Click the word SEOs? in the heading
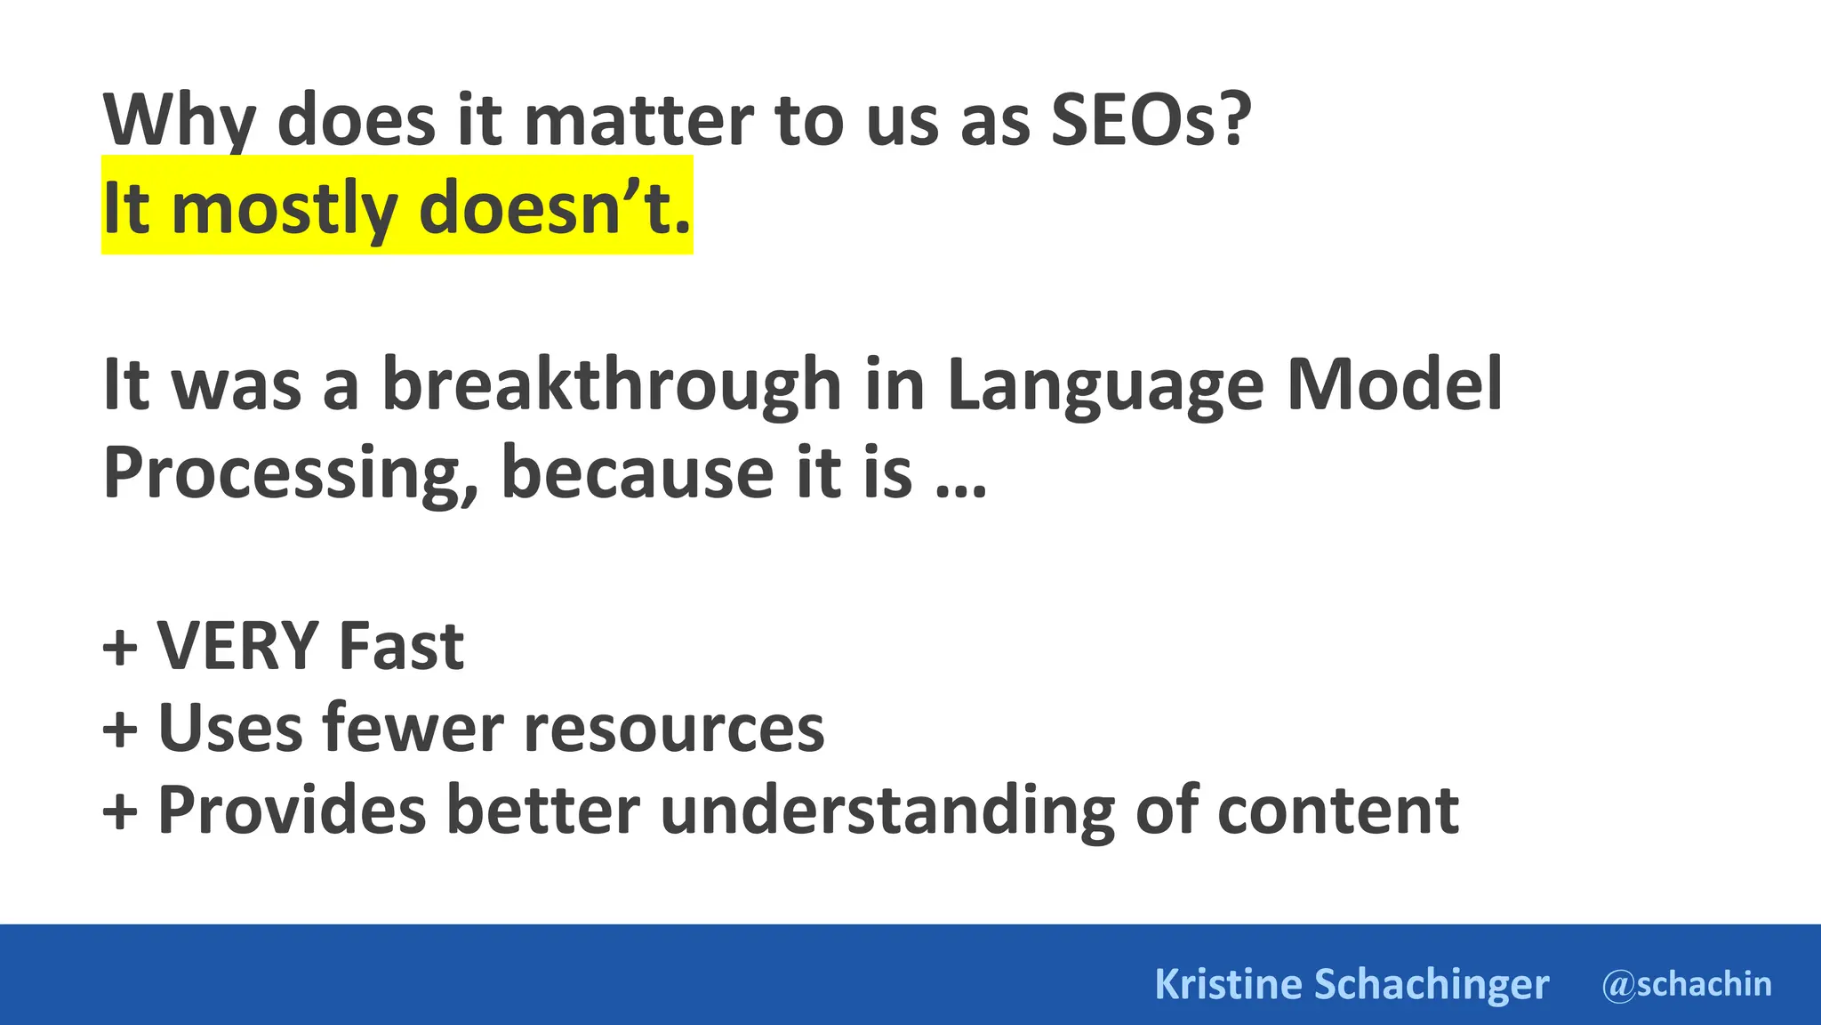pyautogui.click(x=1151, y=121)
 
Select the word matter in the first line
pyautogui.click(x=638, y=121)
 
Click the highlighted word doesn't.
pyautogui.click(x=554, y=208)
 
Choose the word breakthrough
pyautogui.click(x=612, y=384)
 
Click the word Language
pyautogui.click(x=1104, y=384)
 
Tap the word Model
pyautogui.click(x=1394, y=384)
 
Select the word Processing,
pyautogui.click(x=291, y=472)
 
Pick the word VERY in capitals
pyautogui.click(x=237, y=645)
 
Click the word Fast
pyautogui.click(x=401, y=645)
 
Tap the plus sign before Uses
pyautogui.click(x=120, y=729)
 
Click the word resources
pyautogui.click(x=674, y=729)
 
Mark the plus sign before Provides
pyautogui.click(x=120, y=811)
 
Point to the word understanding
pyautogui.click(x=886, y=811)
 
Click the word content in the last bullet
pyautogui.click(x=1337, y=811)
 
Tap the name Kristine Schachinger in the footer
pyautogui.click(x=1352, y=984)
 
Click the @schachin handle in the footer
pyautogui.click(x=1686, y=984)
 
